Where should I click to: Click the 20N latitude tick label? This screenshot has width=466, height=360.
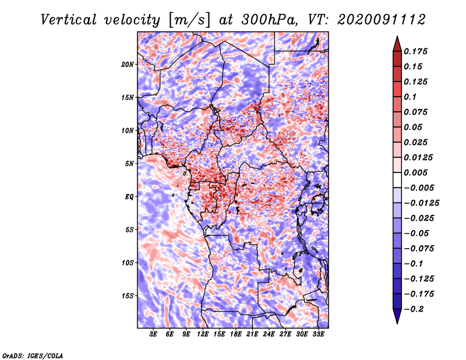(128, 64)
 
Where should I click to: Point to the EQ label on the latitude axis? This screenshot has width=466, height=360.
(129, 196)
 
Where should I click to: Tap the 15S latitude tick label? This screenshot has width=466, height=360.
(128, 296)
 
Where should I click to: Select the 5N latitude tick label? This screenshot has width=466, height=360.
(129, 164)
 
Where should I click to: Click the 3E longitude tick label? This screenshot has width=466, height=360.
(154, 334)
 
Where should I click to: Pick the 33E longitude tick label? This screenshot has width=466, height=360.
(318, 334)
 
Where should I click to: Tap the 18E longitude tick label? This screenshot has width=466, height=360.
(236, 334)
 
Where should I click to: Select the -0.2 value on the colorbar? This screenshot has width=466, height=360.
(415, 309)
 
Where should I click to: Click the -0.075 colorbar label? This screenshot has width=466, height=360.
(421, 248)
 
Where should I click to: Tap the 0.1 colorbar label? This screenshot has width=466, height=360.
(412, 97)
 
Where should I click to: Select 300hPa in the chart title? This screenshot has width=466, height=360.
(256, 19)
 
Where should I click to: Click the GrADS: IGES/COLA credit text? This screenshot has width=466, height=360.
(32, 355)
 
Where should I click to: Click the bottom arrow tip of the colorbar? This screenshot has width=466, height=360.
(397, 322)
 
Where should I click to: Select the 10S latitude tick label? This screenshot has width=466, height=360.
(128, 263)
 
